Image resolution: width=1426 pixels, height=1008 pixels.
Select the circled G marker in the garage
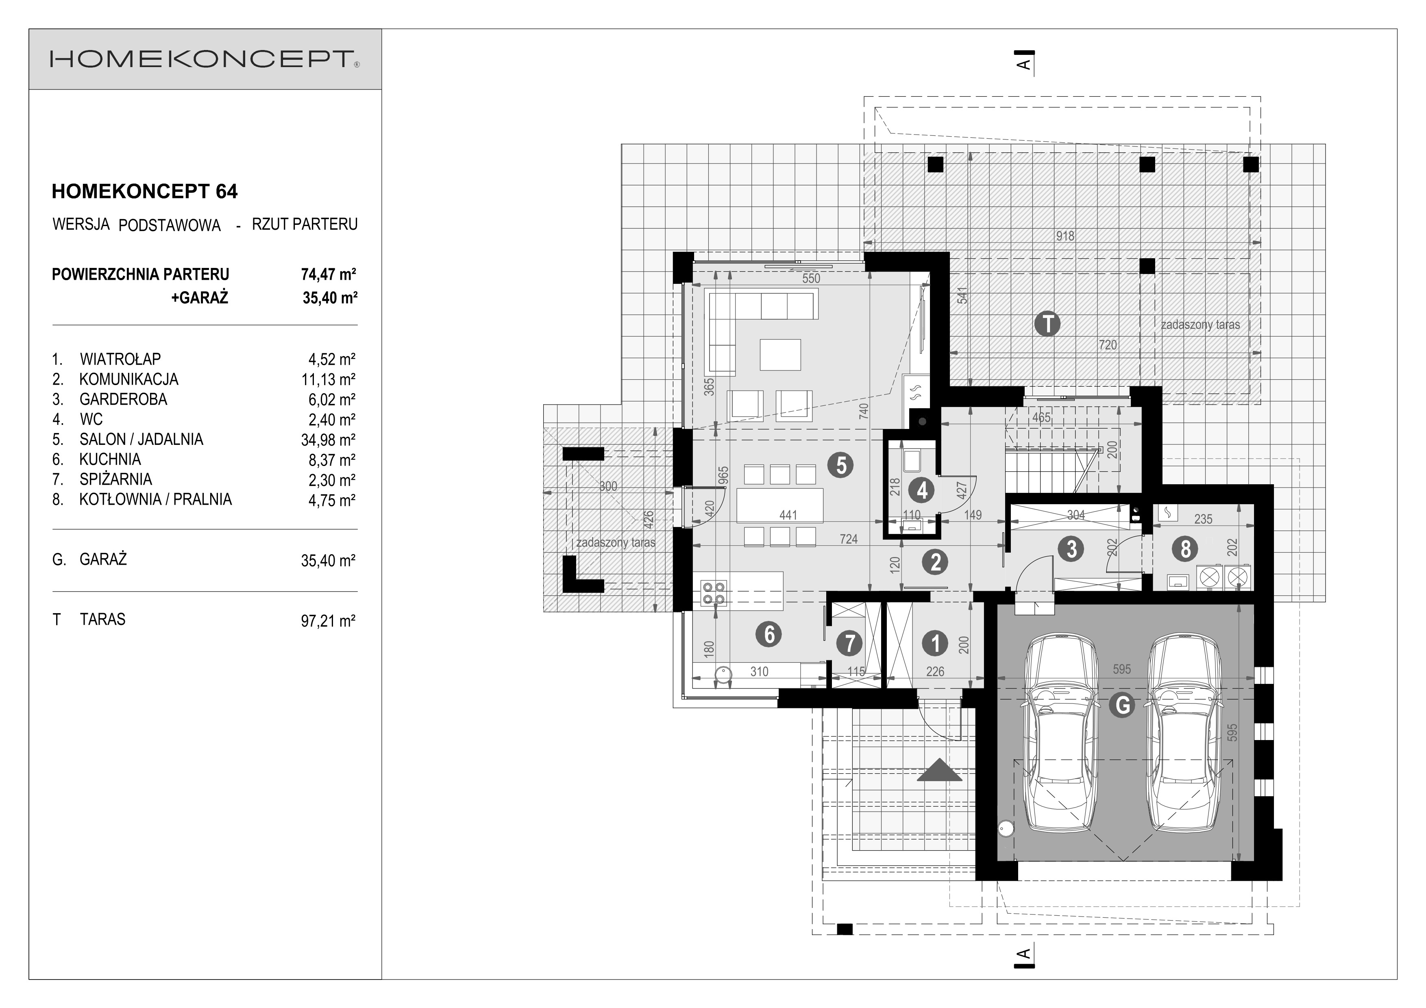1122,705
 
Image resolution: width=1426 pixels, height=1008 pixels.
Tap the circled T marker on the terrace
1048,324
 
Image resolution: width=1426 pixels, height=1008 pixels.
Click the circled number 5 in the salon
841,465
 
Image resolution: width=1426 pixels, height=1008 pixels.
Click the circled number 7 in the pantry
850,643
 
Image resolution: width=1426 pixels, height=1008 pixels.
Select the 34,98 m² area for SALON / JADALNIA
328,440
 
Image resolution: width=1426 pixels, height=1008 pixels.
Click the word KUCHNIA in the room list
110,459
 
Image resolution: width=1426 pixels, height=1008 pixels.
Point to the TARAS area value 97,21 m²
328,620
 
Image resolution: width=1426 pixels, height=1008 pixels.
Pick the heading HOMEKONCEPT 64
145,191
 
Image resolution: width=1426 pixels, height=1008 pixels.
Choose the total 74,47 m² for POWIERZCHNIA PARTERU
328,274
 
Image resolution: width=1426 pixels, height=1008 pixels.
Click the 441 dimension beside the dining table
788,515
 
